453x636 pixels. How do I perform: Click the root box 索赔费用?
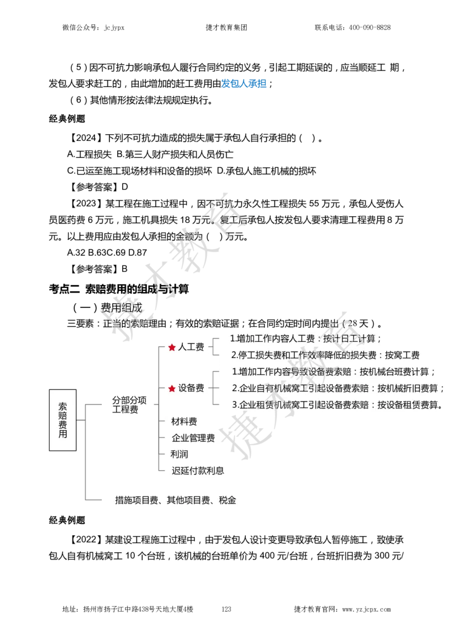[62, 420]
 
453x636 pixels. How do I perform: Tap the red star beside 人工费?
[172, 347]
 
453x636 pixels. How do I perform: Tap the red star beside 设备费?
[172, 388]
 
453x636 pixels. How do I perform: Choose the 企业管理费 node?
[193, 438]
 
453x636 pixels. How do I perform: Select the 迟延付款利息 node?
[198, 470]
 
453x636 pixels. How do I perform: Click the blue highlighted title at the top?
[243, 84]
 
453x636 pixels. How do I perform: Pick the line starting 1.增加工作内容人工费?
[306, 338]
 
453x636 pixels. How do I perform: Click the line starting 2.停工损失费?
[325, 355]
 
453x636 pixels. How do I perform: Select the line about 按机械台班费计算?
[334, 372]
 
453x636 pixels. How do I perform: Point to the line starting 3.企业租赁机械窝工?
[337, 405]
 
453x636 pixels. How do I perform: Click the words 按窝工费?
[402, 355]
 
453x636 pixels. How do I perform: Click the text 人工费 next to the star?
[191, 347]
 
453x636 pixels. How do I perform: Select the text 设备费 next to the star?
[191, 388]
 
